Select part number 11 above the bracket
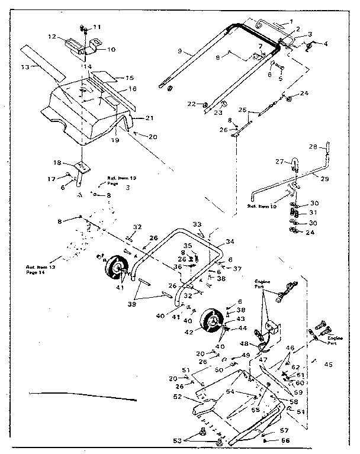[x=97, y=27]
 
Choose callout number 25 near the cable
[x=242, y=110]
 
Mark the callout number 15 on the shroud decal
[x=129, y=78]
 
